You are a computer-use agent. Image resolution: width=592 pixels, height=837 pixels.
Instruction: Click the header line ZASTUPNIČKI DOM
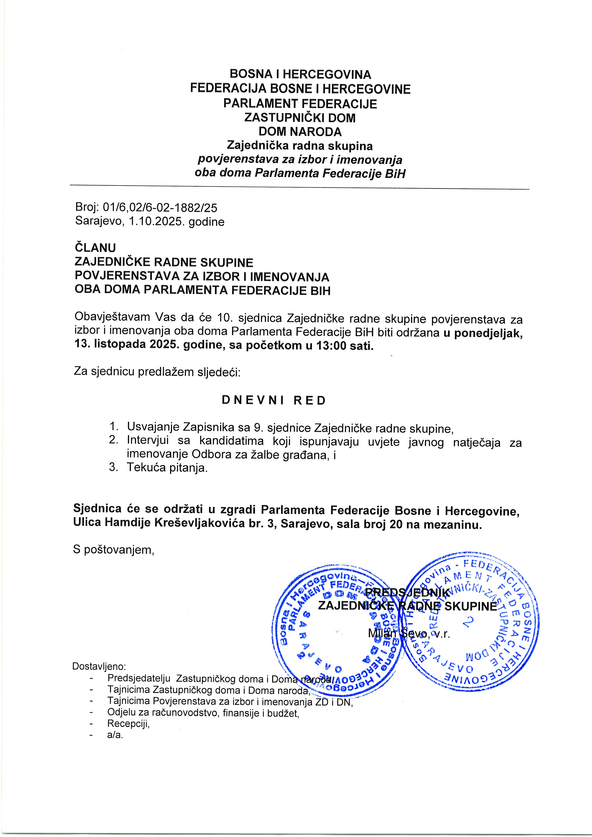point(300,118)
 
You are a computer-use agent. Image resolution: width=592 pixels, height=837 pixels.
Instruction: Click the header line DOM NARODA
point(300,132)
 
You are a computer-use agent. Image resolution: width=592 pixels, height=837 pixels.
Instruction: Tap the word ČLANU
point(95,248)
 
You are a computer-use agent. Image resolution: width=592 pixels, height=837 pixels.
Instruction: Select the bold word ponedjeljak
point(488,333)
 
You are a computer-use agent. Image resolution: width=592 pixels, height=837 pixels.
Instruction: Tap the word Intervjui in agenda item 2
point(148,441)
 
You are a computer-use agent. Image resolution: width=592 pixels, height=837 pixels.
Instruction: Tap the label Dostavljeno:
point(99,666)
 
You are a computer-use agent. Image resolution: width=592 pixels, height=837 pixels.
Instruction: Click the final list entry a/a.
point(115,735)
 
